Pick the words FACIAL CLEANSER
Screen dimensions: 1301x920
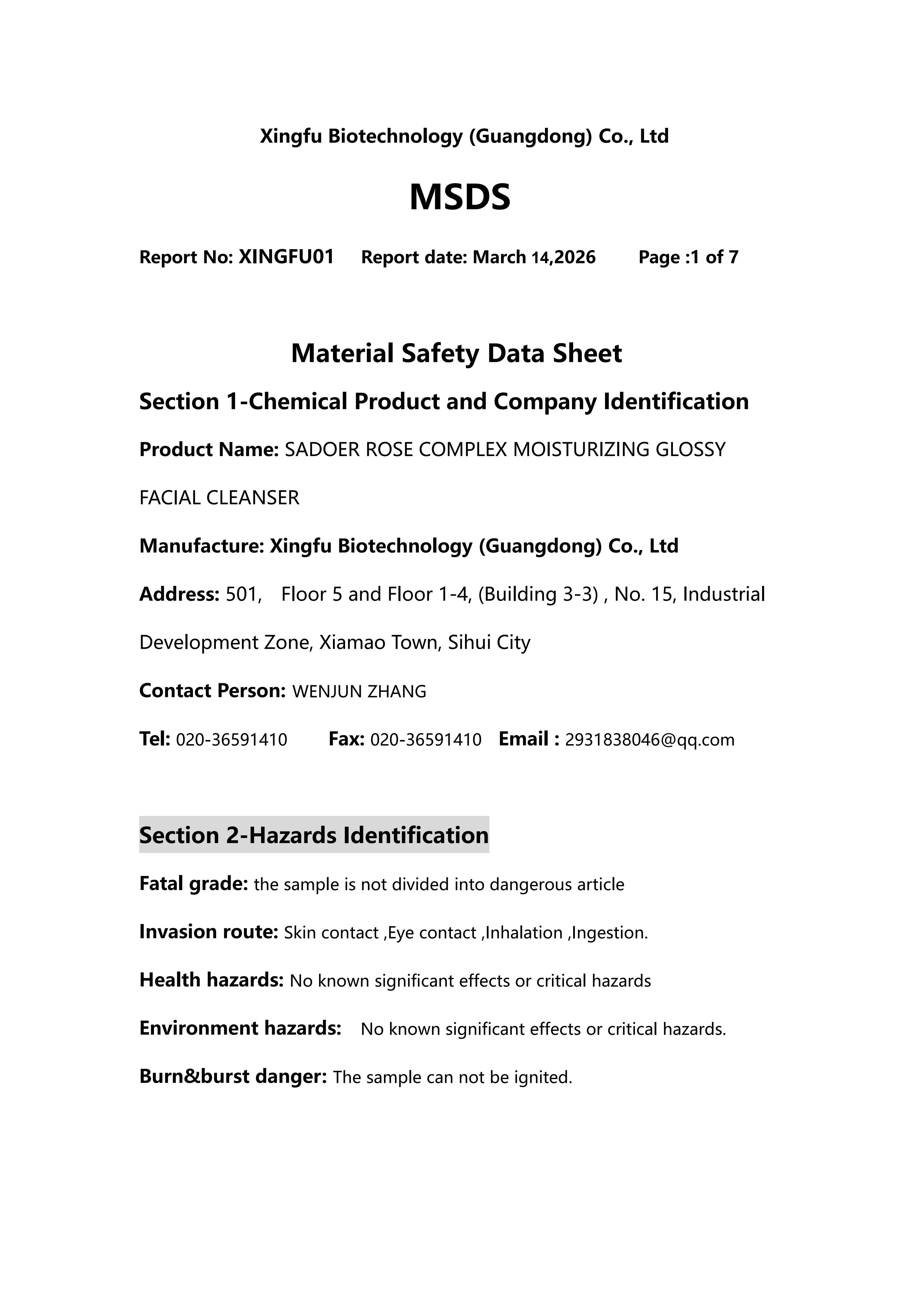219,498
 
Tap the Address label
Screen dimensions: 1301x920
179,594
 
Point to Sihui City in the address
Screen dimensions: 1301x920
489,643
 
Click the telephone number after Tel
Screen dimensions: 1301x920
232,740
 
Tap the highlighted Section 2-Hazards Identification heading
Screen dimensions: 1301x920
314,835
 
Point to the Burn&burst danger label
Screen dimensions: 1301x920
233,1077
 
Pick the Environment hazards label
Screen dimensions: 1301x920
240,1028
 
